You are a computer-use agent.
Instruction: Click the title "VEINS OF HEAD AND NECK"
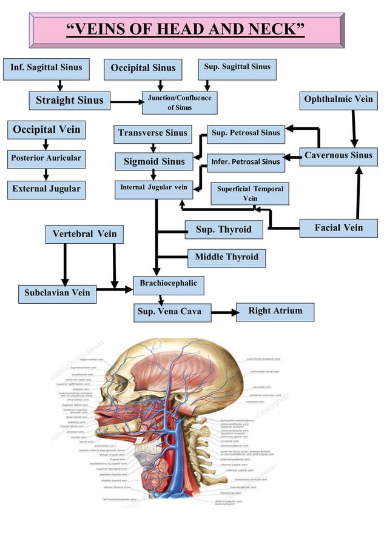186,29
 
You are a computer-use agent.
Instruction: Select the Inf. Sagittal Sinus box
46,68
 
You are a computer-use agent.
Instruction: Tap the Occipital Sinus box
143,69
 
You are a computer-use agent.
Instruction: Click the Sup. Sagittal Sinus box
237,68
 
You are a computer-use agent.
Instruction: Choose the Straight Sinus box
70,100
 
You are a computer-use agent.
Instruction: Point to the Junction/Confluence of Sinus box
179,102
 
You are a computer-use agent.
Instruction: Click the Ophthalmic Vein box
338,99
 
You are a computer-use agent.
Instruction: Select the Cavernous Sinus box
338,156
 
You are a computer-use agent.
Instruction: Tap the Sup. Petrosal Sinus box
246,133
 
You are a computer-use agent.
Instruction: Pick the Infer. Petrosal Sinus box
246,162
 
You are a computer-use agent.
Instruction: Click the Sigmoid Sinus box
154,162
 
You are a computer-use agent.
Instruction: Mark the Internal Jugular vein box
154,189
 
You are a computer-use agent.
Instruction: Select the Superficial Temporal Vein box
250,193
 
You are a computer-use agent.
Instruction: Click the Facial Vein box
338,228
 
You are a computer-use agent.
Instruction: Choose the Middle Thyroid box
226,258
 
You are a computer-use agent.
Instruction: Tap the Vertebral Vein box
84,234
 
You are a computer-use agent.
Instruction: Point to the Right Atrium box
275,312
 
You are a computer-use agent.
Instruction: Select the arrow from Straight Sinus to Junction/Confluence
126,102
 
